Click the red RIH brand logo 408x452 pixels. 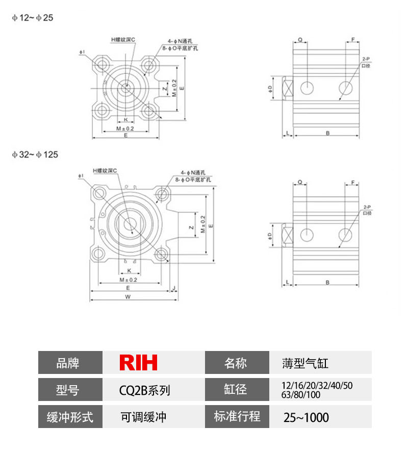point(138,363)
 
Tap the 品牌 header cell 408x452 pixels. point(70,363)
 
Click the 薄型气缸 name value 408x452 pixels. point(305,363)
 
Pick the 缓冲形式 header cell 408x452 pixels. point(70,417)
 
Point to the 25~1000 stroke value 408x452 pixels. point(306,417)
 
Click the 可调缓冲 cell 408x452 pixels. point(143,417)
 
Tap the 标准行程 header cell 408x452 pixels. point(237,416)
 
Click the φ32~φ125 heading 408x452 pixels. point(35,154)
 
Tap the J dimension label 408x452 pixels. point(174,288)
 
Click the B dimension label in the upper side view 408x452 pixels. point(328,133)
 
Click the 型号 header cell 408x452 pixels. point(70,390)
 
